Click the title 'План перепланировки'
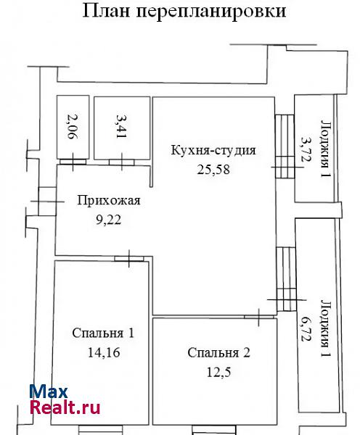184,11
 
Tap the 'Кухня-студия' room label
213,150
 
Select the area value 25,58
213,169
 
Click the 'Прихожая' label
109,200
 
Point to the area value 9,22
109,220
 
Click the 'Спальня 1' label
103,333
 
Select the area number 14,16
104,352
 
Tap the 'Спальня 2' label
218,353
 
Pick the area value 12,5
218,372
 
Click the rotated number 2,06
73,126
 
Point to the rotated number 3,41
122,126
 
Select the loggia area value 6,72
306,329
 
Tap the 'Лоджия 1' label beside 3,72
325,149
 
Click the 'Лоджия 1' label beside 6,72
325,328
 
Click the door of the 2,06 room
73,162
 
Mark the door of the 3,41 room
122,162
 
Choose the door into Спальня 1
129,259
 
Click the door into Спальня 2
259,317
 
